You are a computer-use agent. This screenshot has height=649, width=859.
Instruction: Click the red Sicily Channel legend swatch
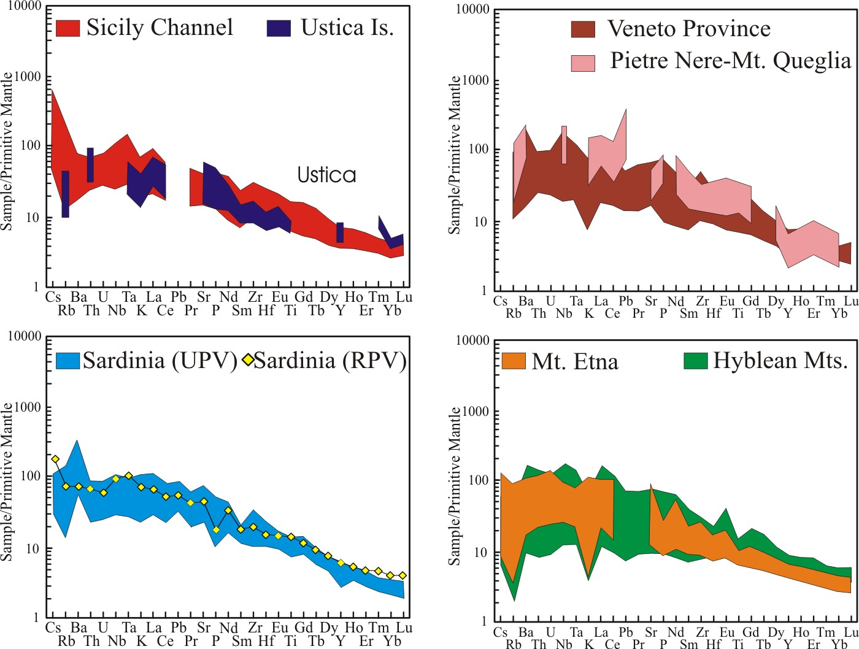[x=67, y=28]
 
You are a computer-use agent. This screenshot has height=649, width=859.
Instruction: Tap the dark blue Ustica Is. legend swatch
[x=279, y=28]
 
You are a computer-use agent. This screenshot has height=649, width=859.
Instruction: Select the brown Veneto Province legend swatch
[x=583, y=29]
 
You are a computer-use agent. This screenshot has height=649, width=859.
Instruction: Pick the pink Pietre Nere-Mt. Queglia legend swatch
[x=583, y=63]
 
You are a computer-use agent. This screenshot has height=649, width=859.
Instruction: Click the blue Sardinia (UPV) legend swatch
[x=67, y=361]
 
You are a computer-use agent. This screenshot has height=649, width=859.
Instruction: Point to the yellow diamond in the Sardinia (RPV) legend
[x=248, y=360]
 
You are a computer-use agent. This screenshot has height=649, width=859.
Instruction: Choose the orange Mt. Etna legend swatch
[x=514, y=361]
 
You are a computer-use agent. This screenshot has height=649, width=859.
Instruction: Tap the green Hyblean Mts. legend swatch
[x=695, y=360]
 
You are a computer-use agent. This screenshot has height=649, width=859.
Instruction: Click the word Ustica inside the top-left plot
[x=326, y=175]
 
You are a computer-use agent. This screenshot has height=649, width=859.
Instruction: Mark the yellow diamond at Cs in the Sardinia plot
[x=55, y=459]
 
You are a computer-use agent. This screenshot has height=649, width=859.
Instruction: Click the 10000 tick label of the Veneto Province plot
[x=472, y=10]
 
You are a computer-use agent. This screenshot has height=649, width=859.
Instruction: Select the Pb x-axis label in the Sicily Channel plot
[x=179, y=298]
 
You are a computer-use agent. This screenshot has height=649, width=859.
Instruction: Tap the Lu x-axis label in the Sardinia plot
[x=404, y=628]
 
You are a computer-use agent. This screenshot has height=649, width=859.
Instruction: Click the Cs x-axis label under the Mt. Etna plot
[x=501, y=632]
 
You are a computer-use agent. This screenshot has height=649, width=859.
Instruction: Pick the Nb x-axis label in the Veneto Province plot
[x=564, y=314]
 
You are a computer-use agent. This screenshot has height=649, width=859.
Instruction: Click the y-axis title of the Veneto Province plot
[x=455, y=155]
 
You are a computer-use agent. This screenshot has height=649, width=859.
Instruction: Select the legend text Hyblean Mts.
[x=780, y=361]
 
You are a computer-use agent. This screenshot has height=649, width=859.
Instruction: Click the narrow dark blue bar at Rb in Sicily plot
[x=66, y=194]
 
